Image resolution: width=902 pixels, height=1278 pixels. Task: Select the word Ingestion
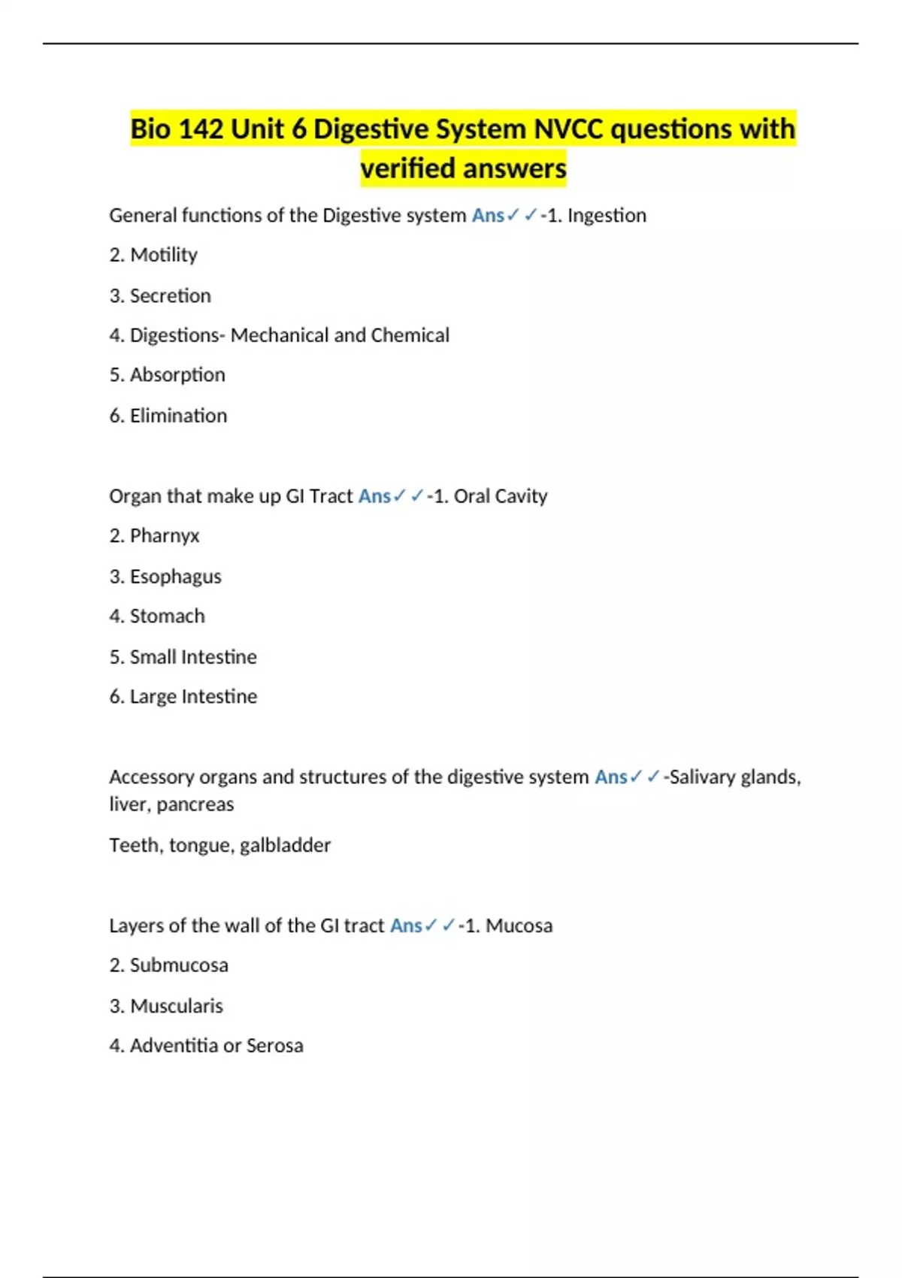pyautogui.click(x=607, y=216)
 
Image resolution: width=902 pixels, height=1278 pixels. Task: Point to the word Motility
pyautogui.click(x=163, y=256)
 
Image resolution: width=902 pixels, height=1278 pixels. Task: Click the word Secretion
pyautogui.click(x=170, y=295)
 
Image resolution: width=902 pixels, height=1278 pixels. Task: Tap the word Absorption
pyautogui.click(x=177, y=375)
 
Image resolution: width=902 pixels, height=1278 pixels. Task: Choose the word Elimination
pyautogui.click(x=178, y=416)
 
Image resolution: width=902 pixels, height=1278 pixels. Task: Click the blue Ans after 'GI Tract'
pyautogui.click(x=374, y=496)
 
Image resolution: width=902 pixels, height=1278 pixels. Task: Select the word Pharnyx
pyautogui.click(x=165, y=536)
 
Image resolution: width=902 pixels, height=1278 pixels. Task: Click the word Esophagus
pyautogui.click(x=175, y=577)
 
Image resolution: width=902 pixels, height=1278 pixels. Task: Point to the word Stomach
pyautogui.click(x=167, y=616)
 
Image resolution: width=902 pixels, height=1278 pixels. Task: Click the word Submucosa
pyautogui.click(x=179, y=965)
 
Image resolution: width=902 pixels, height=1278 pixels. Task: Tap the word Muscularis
pyautogui.click(x=177, y=1006)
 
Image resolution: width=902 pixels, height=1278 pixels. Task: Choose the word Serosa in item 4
pyautogui.click(x=274, y=1046)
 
